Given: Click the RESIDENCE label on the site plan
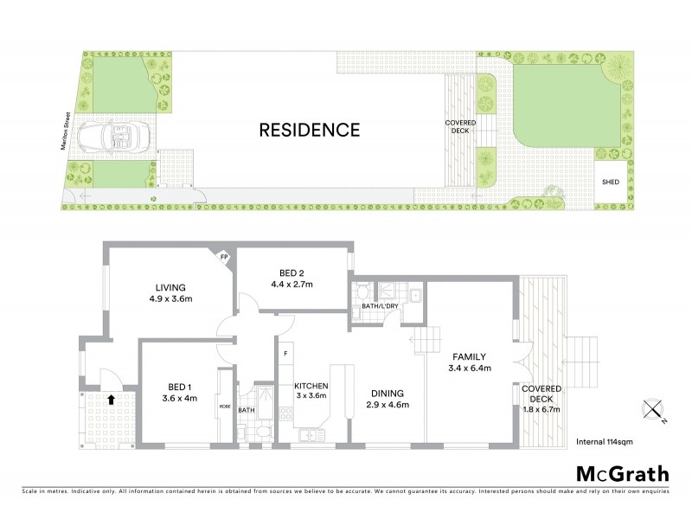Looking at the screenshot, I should tap(310, 131).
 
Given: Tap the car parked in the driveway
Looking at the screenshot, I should tap(115, 137).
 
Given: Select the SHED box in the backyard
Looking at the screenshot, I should tap(611, 183).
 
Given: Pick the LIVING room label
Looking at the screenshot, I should tap(171, 289).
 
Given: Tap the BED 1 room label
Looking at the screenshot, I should tap(180, 388).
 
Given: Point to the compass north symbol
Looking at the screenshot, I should tap(650, 409).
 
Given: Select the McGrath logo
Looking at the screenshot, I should tap(622, 473).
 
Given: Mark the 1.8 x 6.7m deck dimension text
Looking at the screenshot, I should tap(542, 409).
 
